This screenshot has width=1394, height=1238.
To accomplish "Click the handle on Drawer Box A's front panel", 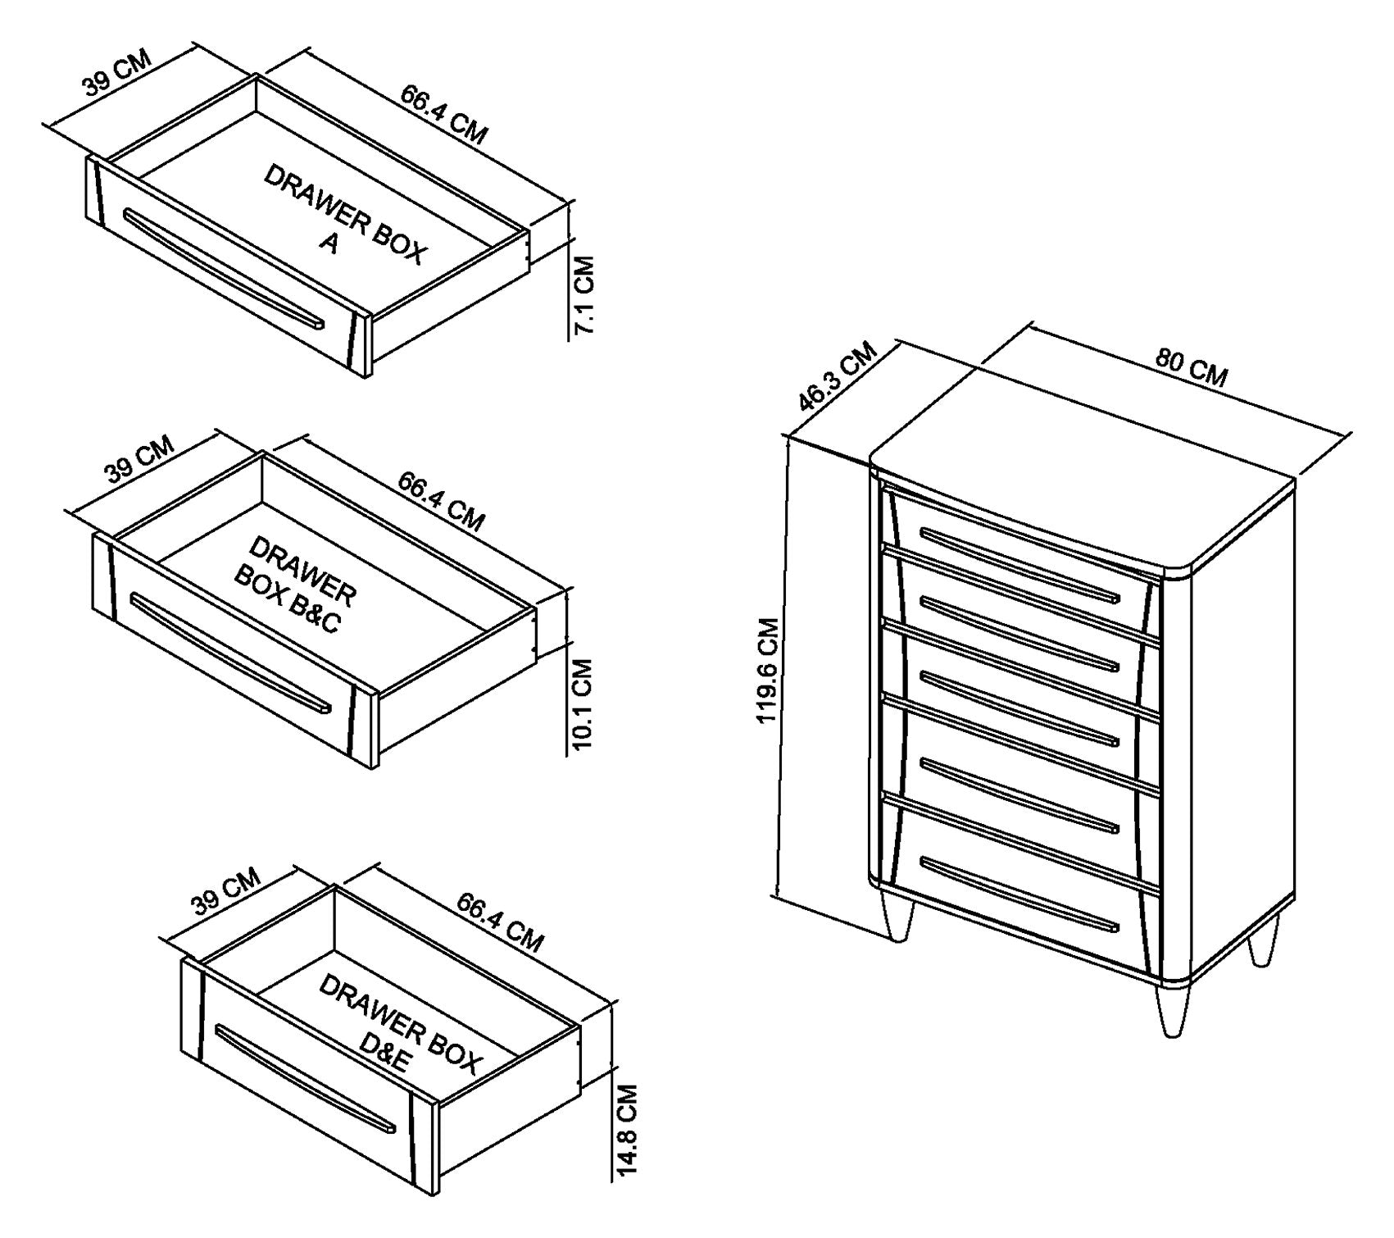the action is [223, 268].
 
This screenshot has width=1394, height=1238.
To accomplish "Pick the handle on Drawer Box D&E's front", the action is [305, 1078].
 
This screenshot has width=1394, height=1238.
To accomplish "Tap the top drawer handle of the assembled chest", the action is [1019, 565].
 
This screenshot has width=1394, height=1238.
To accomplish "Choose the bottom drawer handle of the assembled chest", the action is [1019, 895].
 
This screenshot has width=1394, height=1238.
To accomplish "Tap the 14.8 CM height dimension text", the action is [627, 1131].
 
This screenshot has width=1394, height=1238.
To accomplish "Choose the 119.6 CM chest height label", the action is [768, 670].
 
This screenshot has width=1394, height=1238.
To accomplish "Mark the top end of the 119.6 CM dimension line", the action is [787, 437].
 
